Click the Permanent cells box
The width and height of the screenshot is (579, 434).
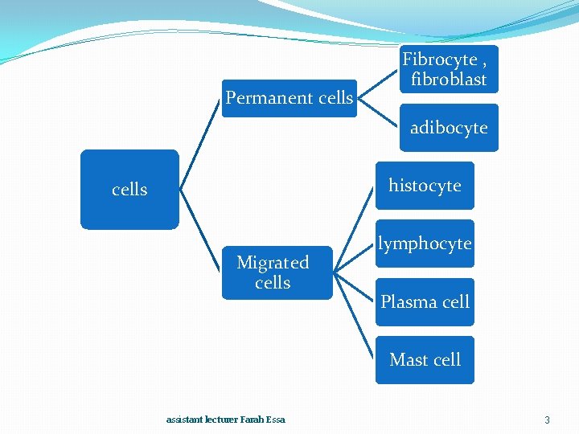point(289,98)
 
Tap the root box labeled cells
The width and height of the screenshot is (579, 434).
point(129,190)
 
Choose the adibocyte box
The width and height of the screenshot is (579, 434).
point(449,128)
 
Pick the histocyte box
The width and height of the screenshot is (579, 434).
point(425,186)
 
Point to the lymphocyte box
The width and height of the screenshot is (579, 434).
point(425,244)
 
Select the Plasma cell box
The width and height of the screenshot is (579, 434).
point(425,302)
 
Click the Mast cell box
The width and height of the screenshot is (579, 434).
point(425,360)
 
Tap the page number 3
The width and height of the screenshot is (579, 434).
point(547,420)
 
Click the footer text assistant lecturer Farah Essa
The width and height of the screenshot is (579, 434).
point(225,420)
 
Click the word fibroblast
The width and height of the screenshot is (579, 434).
point(449,80)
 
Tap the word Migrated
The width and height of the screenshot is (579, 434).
point(273,263)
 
